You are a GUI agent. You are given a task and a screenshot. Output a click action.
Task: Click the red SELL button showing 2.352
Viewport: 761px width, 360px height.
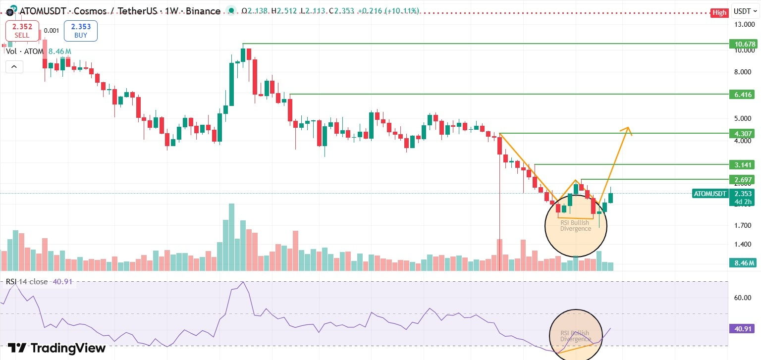coord(22,31)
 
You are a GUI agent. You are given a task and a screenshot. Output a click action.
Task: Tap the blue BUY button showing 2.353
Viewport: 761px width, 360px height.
coord(81,31)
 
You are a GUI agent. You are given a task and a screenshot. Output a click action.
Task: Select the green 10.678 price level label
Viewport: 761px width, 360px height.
coord(744,44)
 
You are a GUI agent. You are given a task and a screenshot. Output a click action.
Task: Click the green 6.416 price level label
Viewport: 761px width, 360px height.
coord(744,94)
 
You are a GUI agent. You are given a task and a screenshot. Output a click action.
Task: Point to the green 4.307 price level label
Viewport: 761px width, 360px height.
coord(744,133)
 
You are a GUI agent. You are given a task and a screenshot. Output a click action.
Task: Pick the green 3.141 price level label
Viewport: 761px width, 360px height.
coord(744,164)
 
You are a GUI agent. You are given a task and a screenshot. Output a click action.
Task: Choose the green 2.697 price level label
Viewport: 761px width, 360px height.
coord(744,179)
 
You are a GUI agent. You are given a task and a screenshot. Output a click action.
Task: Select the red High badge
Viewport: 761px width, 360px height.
coord(718,13)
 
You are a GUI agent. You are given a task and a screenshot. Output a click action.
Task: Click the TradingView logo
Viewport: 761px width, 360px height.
coord(56,348)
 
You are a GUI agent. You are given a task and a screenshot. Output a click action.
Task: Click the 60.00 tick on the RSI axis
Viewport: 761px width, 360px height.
coord(743,298)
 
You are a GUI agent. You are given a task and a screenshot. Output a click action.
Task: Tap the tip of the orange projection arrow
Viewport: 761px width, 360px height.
coord(628,127)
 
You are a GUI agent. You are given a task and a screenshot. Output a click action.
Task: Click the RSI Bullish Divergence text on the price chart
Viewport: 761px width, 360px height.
coord(576,226)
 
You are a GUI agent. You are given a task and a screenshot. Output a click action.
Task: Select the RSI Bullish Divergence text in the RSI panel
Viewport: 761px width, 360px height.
coord(575,336)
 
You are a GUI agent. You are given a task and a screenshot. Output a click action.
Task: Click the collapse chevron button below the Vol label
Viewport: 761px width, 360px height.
coord(14,66)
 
